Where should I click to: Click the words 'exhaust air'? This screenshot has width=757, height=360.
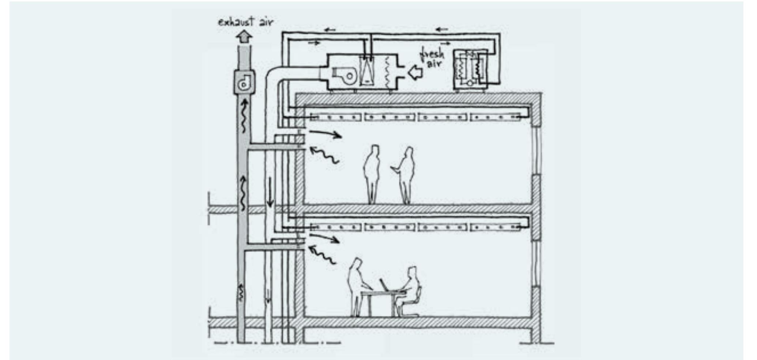(245, 22)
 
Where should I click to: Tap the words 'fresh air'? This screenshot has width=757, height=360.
(433, 59)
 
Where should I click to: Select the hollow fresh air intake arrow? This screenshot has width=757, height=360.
(415, 73)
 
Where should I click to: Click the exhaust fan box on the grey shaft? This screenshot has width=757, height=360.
(244, 82)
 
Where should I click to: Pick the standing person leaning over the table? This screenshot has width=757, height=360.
(358, 287)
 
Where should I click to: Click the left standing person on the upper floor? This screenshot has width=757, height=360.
(372, 174)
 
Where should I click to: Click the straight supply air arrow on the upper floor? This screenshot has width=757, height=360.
(326, 134)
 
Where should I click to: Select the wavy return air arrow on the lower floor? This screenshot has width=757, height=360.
(322, 255)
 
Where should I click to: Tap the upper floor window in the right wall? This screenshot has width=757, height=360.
(537, 151)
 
